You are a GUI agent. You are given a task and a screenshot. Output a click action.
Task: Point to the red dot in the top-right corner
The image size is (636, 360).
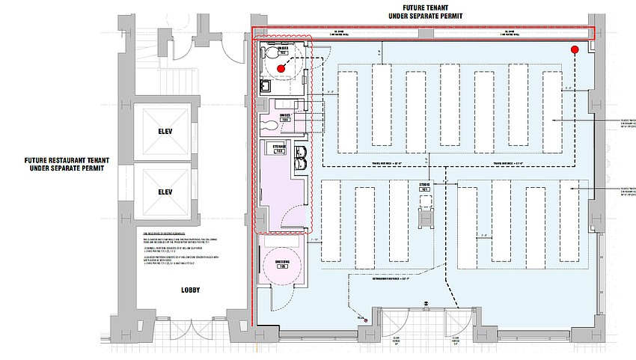point(575,50)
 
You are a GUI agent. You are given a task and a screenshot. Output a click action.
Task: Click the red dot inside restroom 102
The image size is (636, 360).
point(281,68)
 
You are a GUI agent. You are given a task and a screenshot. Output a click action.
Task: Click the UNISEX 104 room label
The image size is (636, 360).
point(284,118)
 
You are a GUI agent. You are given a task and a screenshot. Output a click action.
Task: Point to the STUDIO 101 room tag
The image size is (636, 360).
point(424,188)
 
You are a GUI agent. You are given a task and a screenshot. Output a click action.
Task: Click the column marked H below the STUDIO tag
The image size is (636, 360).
point(424,216)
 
